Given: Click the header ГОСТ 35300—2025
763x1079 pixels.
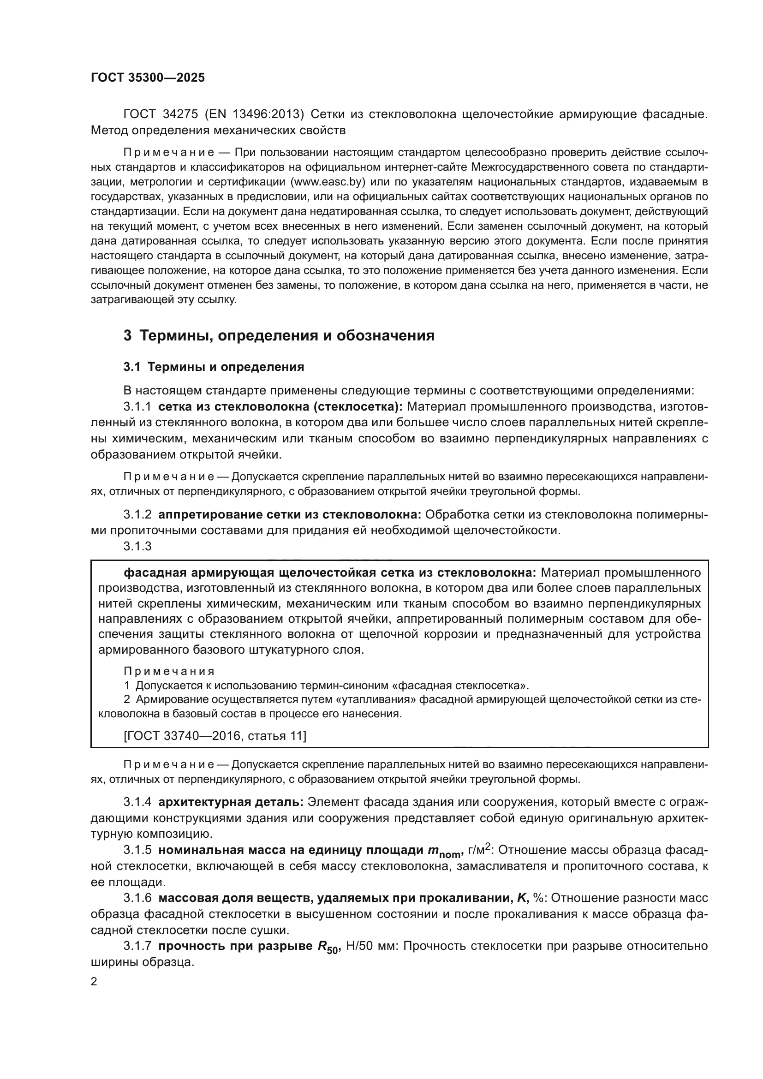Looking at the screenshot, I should pos(148,78).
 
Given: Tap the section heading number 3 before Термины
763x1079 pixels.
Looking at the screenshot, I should pos(127,335).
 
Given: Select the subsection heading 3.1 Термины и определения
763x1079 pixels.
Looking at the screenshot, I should pos(214,367).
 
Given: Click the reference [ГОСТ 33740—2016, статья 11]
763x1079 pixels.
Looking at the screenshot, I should pos(215,735).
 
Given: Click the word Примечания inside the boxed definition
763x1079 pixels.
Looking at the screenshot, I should pos(169,671).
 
